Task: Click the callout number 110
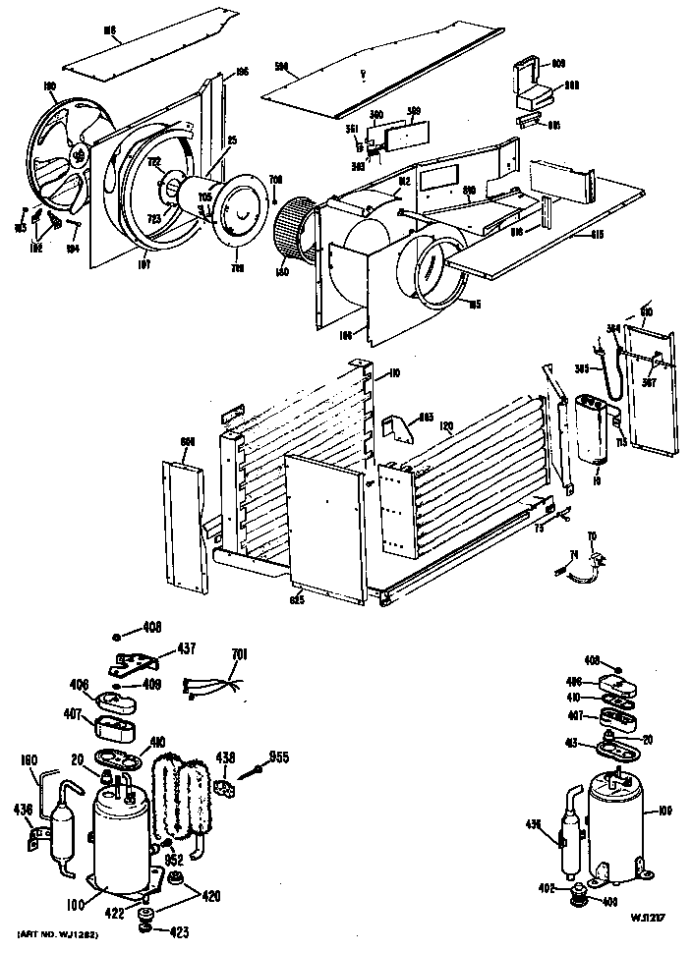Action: [x=392, y=373]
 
